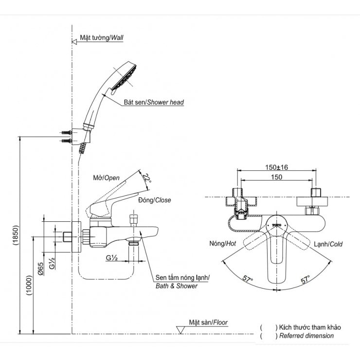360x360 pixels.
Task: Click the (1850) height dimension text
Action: pos(15,237)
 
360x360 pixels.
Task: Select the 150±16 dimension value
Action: pos(277,167)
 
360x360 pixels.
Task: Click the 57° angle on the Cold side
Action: pos(306,279)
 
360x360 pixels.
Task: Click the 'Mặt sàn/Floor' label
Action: pos(208,322)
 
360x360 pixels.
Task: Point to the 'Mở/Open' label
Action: pos(106,178)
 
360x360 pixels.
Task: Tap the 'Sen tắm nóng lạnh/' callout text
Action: pos(182,277)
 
